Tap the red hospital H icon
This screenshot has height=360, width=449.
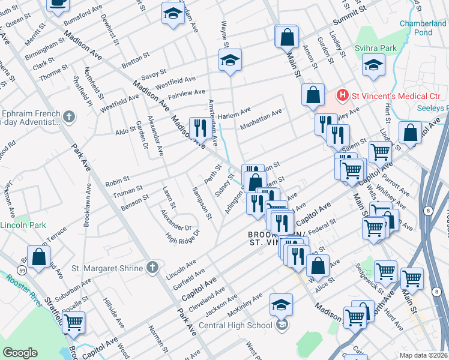point(342,95)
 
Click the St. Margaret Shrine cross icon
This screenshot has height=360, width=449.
point(153,268)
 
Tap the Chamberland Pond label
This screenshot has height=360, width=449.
point(423,28)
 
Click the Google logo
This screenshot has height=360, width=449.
point(20,352)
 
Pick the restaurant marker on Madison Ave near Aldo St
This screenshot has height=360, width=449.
point(199,127)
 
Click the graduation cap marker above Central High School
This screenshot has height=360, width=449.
point(281,304)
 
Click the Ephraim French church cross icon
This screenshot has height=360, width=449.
point(69,116)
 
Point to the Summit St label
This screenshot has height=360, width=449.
point(355,11)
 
